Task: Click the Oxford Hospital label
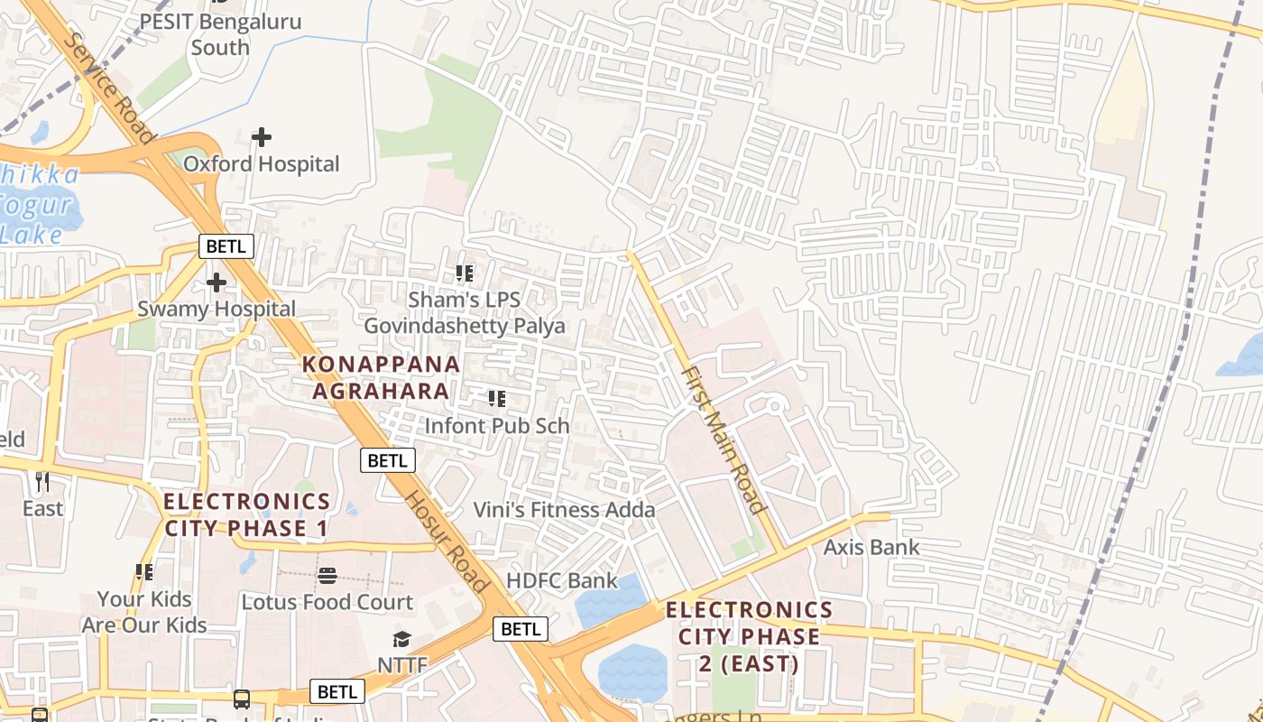click(x=262, y=164)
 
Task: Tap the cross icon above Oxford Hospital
click(x=262, y=137)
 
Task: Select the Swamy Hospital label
click(x=217, y=309)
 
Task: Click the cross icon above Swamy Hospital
click(x=217, y=282)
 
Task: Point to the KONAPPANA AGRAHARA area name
click(x=381, y=377)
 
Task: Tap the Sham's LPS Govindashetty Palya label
click(x=465, y=312)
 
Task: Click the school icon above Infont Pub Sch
click(x=496, y=398)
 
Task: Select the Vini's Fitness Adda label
click(x=565, y=510)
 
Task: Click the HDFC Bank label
click(x=562, y=580)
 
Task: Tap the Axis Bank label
click(x=871, y=547)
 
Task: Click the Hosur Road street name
click(x=446, y=541)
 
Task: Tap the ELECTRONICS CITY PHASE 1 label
click(x=246, y=514)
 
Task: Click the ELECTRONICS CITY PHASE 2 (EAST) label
click(x=749, y=636)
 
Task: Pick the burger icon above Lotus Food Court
click(x=327, y=575)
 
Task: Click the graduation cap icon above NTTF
click(x=401, y=639)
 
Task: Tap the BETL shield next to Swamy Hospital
click(x=226, y=246)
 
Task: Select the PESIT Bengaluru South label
click(x=220, y=34)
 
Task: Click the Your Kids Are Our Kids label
click(x=144, y=612)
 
